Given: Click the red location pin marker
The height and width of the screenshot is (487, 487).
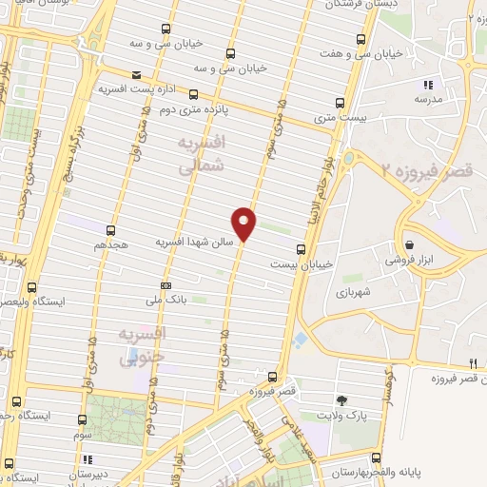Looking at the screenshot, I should (244, 223).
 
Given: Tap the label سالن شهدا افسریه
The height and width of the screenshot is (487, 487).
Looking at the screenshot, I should (195, 243).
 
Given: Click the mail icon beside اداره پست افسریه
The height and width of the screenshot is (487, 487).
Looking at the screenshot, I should (138, 75).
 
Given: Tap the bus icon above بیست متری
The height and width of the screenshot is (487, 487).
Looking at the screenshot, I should (341, 104).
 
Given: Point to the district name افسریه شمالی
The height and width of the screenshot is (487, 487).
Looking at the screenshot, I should (200, 153).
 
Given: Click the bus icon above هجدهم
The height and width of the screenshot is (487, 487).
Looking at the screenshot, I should (111, 230).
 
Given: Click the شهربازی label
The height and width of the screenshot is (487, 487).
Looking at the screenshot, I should (352, 293).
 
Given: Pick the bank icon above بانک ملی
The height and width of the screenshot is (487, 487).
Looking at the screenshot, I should (166, 284).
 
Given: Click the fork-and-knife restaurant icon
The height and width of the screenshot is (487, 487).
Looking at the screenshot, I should (473, 363).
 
